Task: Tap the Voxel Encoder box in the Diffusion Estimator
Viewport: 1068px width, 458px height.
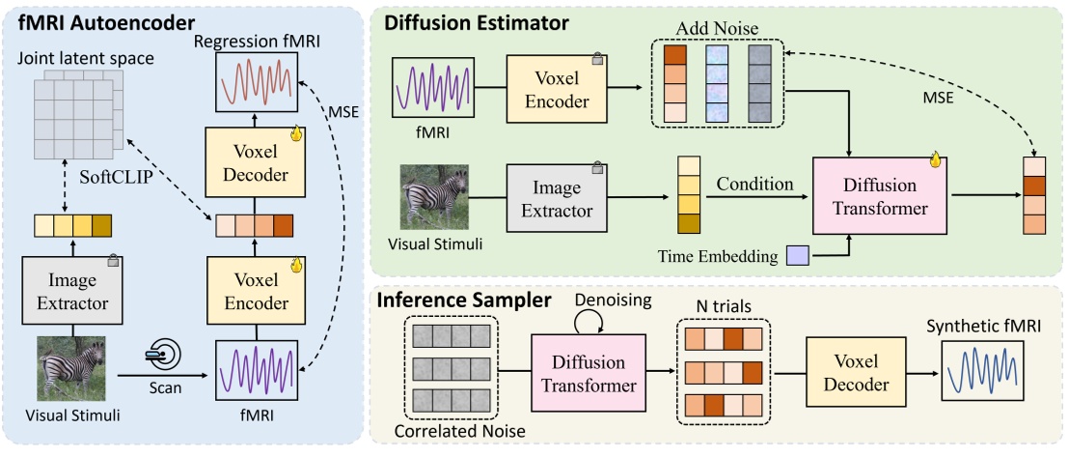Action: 557,88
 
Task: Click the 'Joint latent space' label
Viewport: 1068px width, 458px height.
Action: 85,59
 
